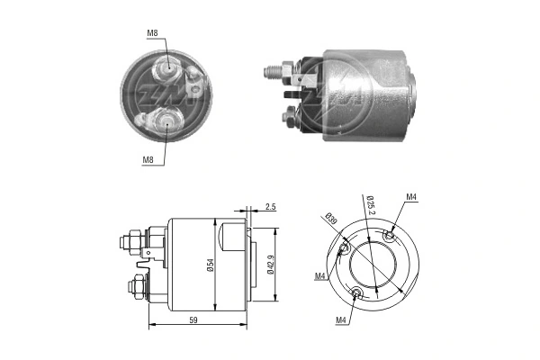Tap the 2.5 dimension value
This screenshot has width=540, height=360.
[271, 207]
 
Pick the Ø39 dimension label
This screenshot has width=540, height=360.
[331, 219]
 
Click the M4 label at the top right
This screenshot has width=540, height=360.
[410, 197]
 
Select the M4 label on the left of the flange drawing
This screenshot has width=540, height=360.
[321, 275]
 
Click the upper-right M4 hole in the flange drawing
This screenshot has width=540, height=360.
[389, 236]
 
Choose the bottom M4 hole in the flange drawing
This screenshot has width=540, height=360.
[358, 292]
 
